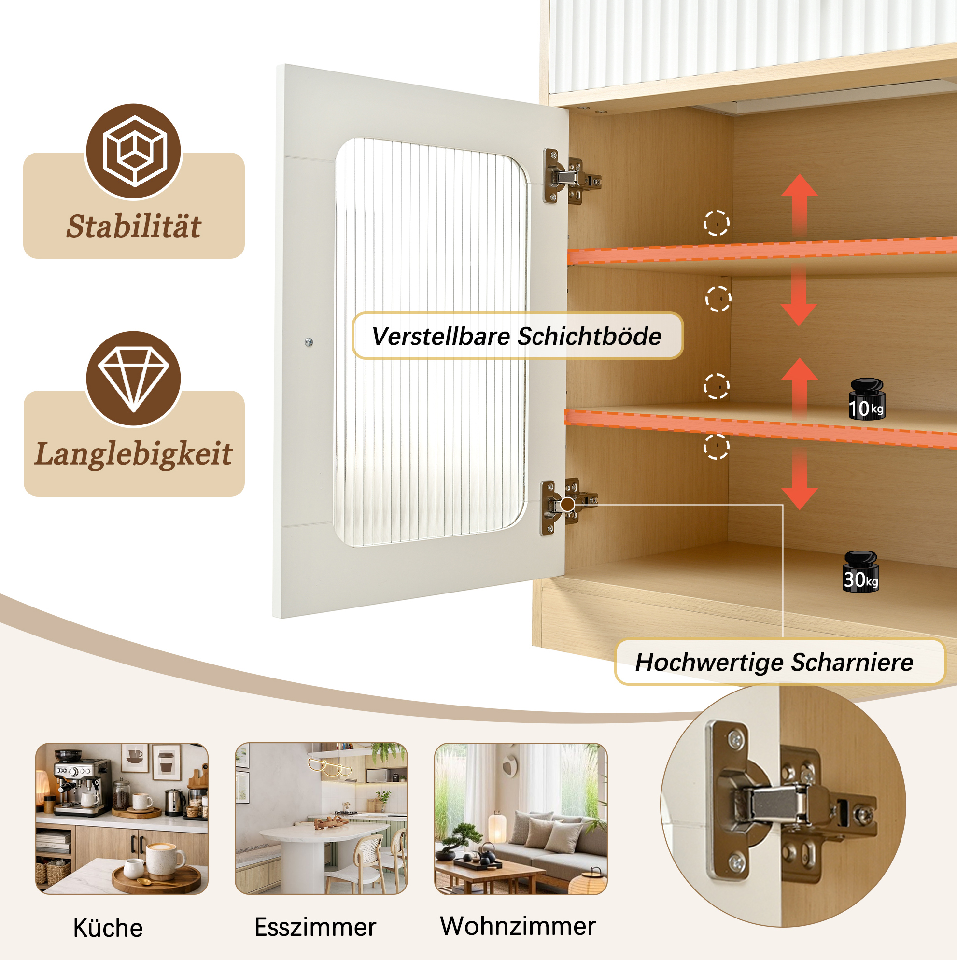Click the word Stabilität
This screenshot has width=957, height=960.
[134, 226]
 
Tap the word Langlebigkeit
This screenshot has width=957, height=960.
[134, 454]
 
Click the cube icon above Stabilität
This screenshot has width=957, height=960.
[135, 151]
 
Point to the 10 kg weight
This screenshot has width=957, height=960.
[867, 399]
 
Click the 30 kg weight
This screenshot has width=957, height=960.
[861, 571]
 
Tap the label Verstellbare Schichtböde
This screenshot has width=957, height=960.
[517, 336]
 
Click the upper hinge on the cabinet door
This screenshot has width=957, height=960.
[571, 177]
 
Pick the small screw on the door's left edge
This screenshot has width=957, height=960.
[309, 342]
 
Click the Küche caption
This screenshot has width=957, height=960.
[108, 928]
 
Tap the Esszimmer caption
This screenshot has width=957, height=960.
[315, 927]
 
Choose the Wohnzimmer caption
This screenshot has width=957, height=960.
[518, 926]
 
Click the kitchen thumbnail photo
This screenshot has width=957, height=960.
[122, 819]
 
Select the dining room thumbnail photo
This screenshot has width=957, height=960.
[321, 819]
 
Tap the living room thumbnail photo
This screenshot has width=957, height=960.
[521, 819]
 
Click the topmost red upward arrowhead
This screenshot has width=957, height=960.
[800, 185]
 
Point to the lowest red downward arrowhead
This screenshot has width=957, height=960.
[800, 498]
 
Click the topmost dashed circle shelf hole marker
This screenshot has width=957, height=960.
[717, 223]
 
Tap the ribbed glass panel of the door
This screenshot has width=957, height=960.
[431, 343]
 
